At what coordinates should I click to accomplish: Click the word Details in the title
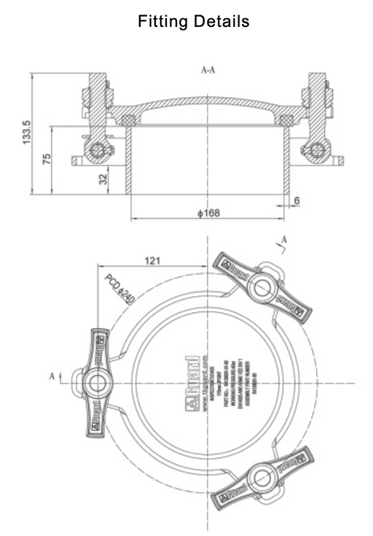(x=218, y=22)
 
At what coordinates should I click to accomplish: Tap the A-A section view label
(x=208, y=71)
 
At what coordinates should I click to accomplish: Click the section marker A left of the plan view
(x=52, y=376)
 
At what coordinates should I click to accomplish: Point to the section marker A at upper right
(x=284, y=239)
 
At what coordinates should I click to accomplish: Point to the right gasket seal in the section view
(x=286, y=119)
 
